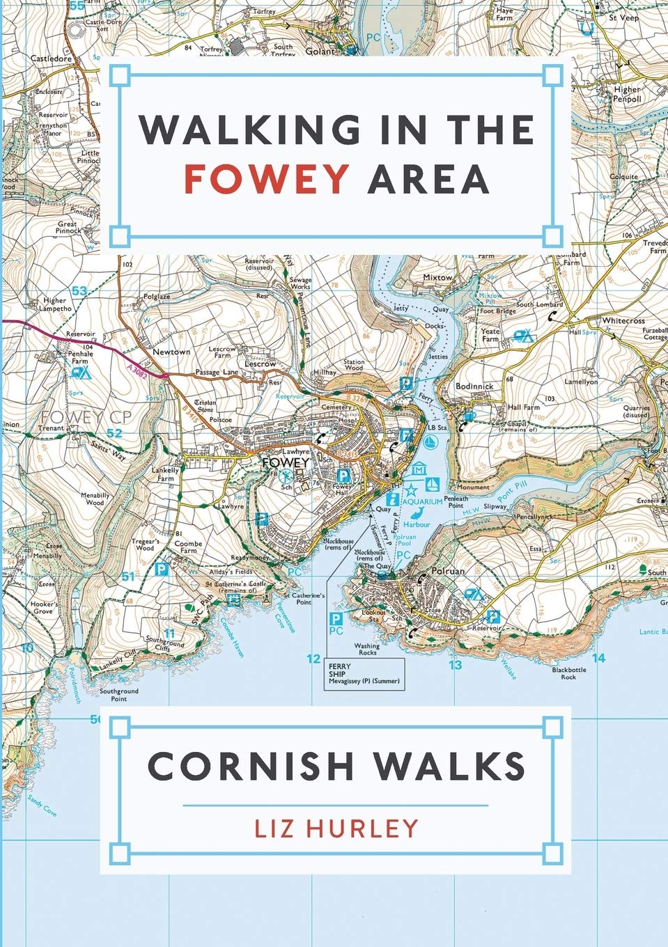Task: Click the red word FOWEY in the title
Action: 266,178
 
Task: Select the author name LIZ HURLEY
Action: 336,828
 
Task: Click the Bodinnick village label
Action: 474,386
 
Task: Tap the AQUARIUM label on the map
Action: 423,501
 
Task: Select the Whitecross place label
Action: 623,321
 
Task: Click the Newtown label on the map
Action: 171,352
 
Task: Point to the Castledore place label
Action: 52,59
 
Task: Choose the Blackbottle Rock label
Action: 569,673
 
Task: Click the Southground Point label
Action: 118,694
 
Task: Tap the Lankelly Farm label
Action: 165,474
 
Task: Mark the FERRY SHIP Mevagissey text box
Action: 364,674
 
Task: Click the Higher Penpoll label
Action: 627,94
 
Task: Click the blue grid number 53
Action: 80,291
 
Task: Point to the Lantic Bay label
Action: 653,632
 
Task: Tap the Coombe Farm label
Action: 188,547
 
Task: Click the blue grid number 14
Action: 598,657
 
